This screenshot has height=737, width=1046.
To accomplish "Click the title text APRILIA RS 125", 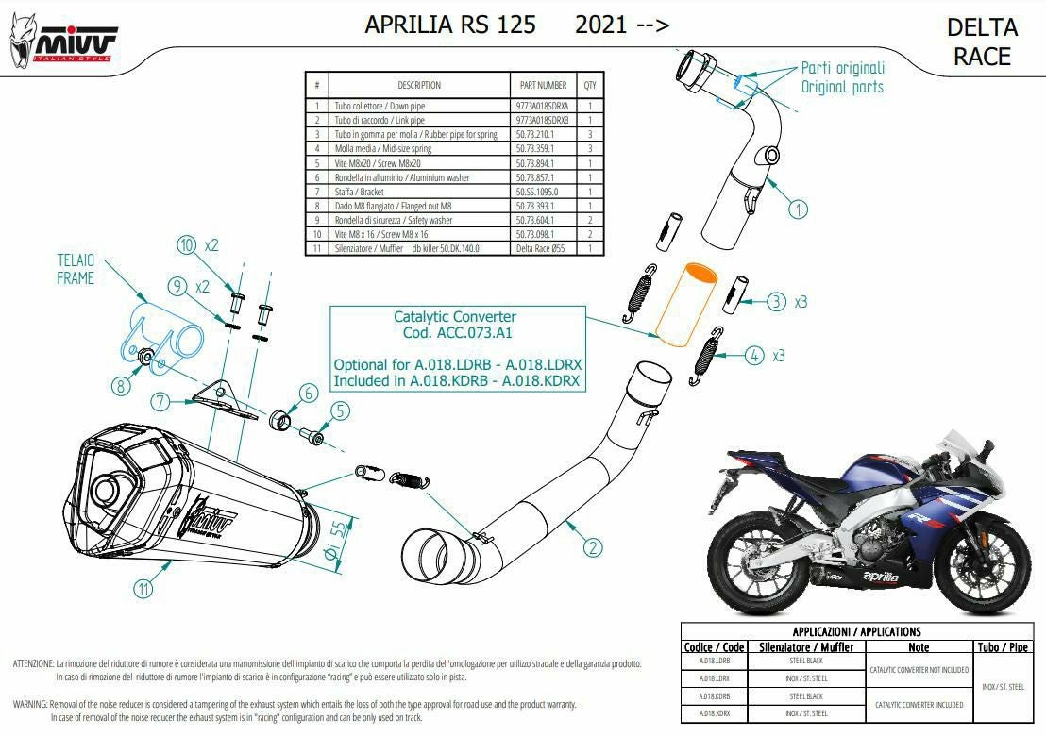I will [x=450, y=25].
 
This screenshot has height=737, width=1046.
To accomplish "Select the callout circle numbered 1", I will [x=799, y=209].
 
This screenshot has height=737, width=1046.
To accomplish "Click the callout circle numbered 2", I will [x=593, y=545].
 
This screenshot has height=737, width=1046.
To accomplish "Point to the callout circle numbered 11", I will [x=142, y=590].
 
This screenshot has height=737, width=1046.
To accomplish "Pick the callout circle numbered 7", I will [x=160, y=402].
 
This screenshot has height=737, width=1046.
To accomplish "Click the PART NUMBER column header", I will [x=543, y=85].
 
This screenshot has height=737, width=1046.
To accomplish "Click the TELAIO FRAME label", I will [x=76, y=269].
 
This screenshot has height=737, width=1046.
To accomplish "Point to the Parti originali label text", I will [x=843, y=68].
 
